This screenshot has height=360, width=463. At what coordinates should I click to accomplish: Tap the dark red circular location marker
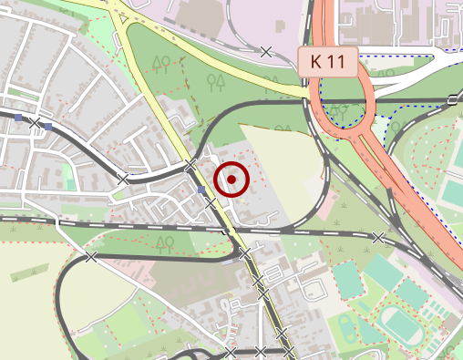[232, 180]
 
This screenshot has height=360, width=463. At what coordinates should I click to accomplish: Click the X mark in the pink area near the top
[266, 51]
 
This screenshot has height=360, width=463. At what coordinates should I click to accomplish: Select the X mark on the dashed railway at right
[378, 238]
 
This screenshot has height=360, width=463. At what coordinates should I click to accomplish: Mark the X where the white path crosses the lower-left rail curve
[90, 257]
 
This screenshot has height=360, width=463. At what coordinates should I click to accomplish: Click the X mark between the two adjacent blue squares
[35, 122]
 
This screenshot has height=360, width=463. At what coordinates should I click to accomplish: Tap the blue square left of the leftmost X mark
[18, 118]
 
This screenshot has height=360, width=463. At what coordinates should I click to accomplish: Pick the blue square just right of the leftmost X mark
[48, 126]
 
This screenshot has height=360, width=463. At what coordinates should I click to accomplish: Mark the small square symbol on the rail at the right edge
[452, 99]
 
